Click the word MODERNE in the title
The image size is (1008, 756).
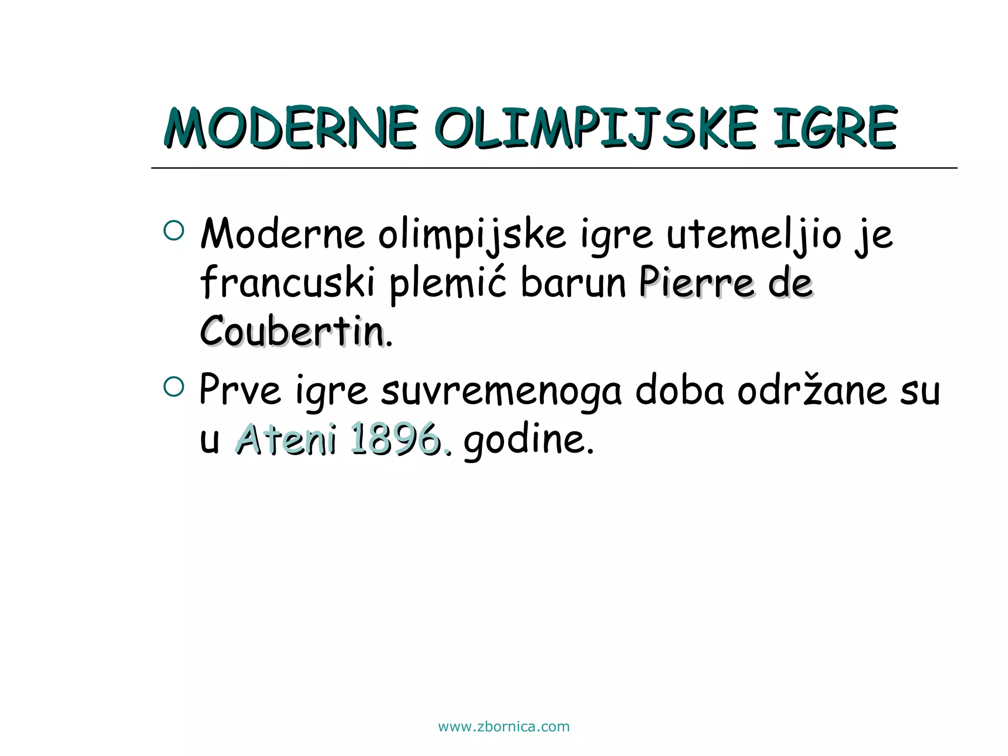click(x=290, y=128)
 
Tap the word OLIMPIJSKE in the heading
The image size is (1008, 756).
click(x=596, y=128)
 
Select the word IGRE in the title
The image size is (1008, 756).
click(x=835, y=128)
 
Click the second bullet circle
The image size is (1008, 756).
click(x=173, y=387)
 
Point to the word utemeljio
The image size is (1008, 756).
click(x=754, y=235)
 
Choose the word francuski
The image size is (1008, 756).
click(x=288, y=283)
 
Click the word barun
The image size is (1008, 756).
click(x=573, y=283)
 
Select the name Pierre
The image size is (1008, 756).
click(x=696, y=283)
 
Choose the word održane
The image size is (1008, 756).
click(x=812, y=390)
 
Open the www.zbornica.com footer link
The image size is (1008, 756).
click(x=504, y=727)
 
